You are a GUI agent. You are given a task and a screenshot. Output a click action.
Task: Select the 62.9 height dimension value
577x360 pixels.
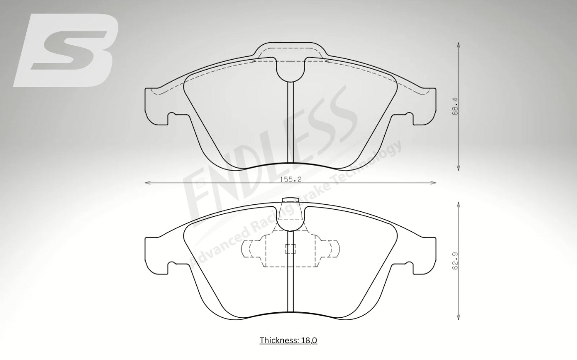(x=455, y=261)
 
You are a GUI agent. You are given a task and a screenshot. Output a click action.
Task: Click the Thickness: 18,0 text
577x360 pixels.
(x=288, y=340)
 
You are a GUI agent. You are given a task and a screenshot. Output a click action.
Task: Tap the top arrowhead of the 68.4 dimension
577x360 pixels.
(x=459, y=45)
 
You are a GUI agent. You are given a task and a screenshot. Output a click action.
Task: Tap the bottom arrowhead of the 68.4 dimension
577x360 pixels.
(x=459, y=168)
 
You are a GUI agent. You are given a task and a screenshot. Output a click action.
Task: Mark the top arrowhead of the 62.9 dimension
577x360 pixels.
(x=459, y=204)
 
